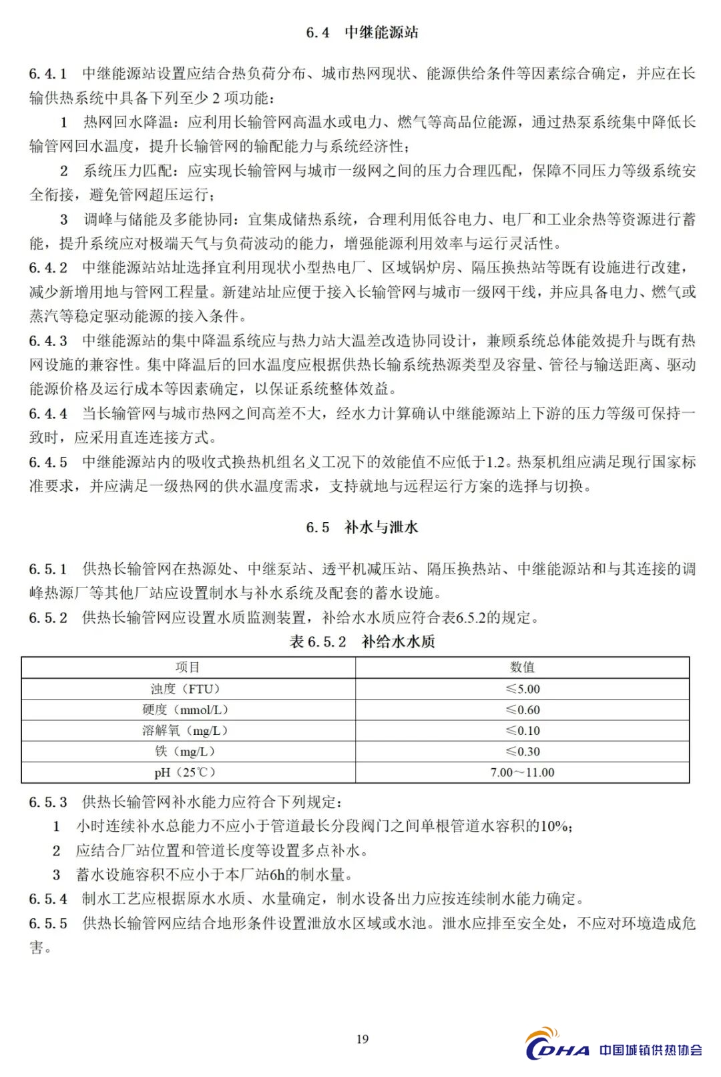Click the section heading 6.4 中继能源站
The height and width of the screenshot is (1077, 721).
pyautogui.click(x=362, y=33)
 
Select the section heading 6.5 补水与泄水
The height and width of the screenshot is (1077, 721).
pyautogui.click(x=362, y=527)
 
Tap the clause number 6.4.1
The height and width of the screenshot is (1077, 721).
pyautogui.click(x=48, y=73)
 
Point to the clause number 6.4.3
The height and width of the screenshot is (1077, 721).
pyautogui.click(x=48, y=341)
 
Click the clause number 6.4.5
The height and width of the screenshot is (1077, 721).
pyautogui.click(x=48, y=461)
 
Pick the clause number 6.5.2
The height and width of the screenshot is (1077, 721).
pyautogui.click(x=48, y=618)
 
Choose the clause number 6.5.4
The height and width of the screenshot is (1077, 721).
pyautogui.click(x=48, y=899)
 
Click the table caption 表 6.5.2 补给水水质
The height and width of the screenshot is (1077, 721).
pyautogui.click(x=362, y=642)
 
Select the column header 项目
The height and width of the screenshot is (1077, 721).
pyautogui.click(x=188, y=668)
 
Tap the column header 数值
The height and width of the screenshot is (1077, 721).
pyautogui.click(x=522, y=668)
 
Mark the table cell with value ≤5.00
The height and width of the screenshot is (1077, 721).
pyautogui.click(x=522, y=689)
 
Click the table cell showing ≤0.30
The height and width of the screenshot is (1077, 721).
pyautogui.click(x=522, y=752)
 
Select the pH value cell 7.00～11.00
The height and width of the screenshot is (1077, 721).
pyautogui.click(x=522, y=772)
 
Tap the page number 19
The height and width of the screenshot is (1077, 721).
pyautogui.click(x=363, y=1038)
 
